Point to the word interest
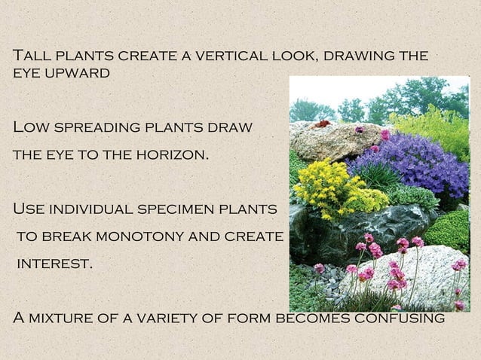pos(55,265)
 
